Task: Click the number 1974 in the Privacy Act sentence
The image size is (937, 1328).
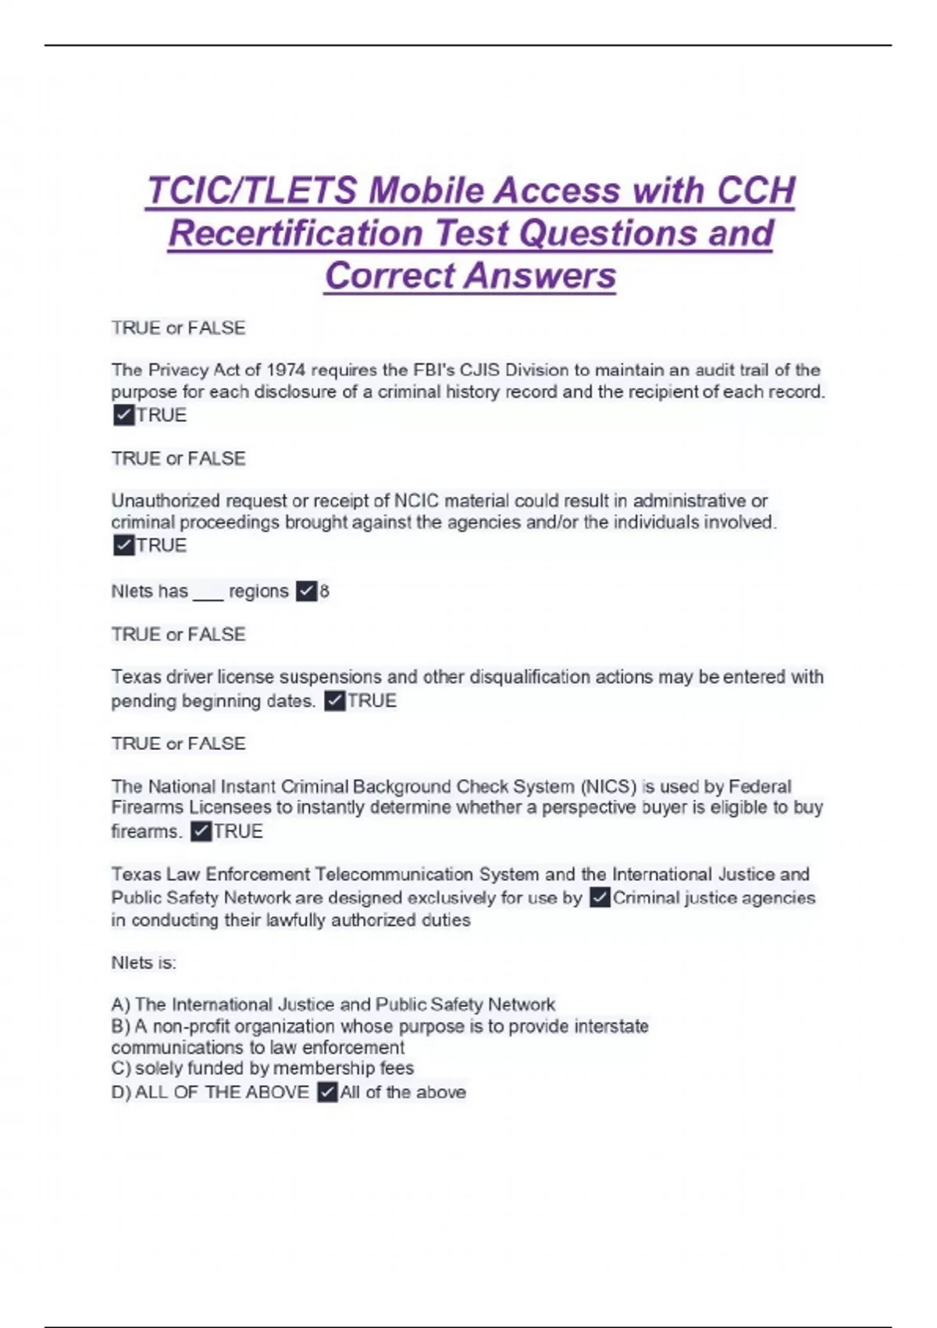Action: pyautogui.click(x=286, y=370)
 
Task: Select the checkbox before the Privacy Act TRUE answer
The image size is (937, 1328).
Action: pyautogui.click(x=123, y=415)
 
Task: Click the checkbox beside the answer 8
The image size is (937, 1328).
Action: pyautogui.click(x=306, y=591)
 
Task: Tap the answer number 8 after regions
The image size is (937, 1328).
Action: pyautogui.click(x=325, y=591)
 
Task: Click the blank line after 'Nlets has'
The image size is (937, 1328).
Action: pyautogui.click(x=208, y=593)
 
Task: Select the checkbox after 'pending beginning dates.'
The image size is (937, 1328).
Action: pyautogui.click(x=334, y=701)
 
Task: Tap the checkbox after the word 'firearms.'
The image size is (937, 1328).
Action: pyautogui.click(x=201, y=831)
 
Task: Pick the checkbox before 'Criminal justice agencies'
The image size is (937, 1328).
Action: pyautogui.click(x=600, y=898)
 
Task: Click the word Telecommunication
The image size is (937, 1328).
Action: pyautogui.click(x=394, y=874)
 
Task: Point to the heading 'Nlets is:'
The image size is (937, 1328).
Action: pyautogui.click(x=144, y=963)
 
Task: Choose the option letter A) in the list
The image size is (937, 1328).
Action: pyautogui.click(x=120, y=1005)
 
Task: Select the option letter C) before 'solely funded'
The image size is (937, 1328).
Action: pyautogui.click(x=120, y=1068)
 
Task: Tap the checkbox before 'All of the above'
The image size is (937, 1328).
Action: pyautogui.click(x=327, y=1092)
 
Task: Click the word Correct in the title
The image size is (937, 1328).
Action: pyautogui.click(x=390, y=276)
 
